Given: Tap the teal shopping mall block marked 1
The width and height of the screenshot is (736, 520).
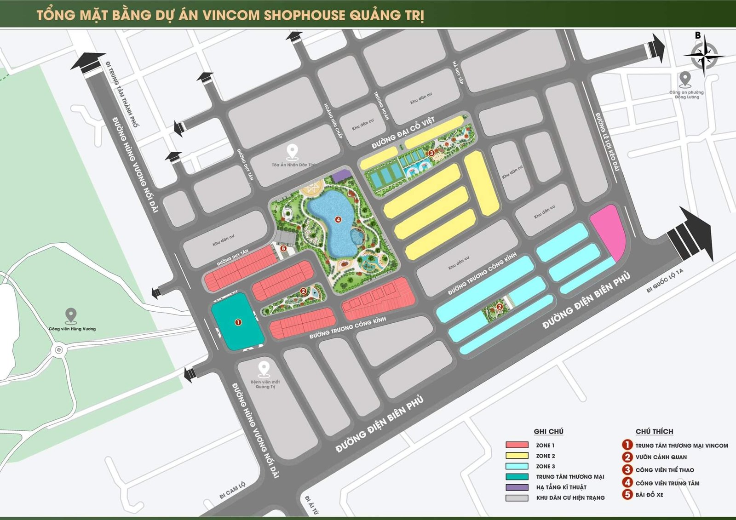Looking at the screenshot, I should [237, 322].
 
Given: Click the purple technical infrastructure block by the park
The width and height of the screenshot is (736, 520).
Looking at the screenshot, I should [341, 175].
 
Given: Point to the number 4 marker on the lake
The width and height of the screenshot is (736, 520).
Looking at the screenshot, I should [338, 220].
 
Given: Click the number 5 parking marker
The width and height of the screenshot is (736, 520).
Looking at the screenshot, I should [283, 248].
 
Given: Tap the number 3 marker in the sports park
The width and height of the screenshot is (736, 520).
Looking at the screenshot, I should [431, 153].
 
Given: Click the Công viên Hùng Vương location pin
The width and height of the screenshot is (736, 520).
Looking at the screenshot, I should [70, 316].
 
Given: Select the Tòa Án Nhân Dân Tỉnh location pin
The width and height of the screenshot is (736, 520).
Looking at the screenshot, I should [292, 151].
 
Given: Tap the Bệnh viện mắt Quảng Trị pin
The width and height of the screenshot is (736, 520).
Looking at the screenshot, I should [264, 369].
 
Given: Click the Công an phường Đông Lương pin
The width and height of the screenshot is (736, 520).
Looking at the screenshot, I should [685, 79].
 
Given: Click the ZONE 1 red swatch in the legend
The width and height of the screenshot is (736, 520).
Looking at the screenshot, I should [517, 445].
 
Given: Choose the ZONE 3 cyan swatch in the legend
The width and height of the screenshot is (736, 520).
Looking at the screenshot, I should [517, 466].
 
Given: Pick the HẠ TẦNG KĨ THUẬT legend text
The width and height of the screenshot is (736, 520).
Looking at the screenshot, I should [561, 487].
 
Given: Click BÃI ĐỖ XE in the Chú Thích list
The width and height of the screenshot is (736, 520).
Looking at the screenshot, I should [649, 495].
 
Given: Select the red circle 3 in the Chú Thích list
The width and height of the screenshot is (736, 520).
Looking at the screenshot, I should [627, 469].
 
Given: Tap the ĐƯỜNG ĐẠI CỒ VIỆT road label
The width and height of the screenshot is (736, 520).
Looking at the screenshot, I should [403, 133].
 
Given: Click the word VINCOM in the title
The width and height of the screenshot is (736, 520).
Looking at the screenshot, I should [231, 15].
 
